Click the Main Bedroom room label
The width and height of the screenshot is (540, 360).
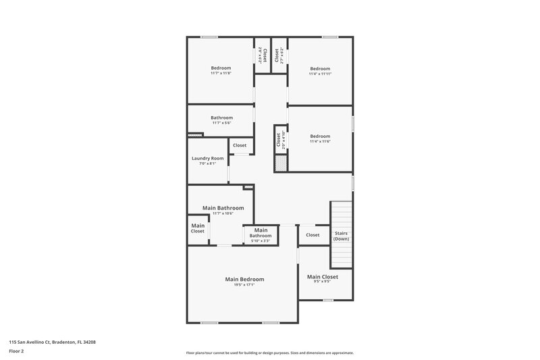coord(244,279)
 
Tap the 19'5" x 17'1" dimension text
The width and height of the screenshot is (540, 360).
coord(244,285)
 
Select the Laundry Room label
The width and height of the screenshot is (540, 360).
coord(208,158)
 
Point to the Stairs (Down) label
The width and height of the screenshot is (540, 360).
coord(342,236)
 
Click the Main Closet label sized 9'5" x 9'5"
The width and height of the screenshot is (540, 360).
coord(323,277)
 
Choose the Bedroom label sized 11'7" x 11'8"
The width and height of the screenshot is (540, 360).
coord(221,68)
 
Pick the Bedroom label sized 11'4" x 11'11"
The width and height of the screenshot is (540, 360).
coord(320,68)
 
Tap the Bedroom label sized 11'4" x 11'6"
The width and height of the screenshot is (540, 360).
coord(320,136)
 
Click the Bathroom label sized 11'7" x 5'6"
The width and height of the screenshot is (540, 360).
coord(221,118)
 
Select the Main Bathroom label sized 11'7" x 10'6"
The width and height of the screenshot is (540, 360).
coord(223,208)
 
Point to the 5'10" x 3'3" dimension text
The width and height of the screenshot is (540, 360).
coord(261,241)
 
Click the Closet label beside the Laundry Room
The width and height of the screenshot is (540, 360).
coord(240,145)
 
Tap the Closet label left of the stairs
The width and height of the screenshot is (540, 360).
coord(313,235)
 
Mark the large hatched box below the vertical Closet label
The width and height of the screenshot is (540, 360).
coord(281,163)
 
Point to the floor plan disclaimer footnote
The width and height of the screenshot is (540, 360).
coord(269,353)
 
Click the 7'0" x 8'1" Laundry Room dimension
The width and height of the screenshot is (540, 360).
coord(208,163)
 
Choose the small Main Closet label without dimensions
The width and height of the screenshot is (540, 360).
coord(197,228)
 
